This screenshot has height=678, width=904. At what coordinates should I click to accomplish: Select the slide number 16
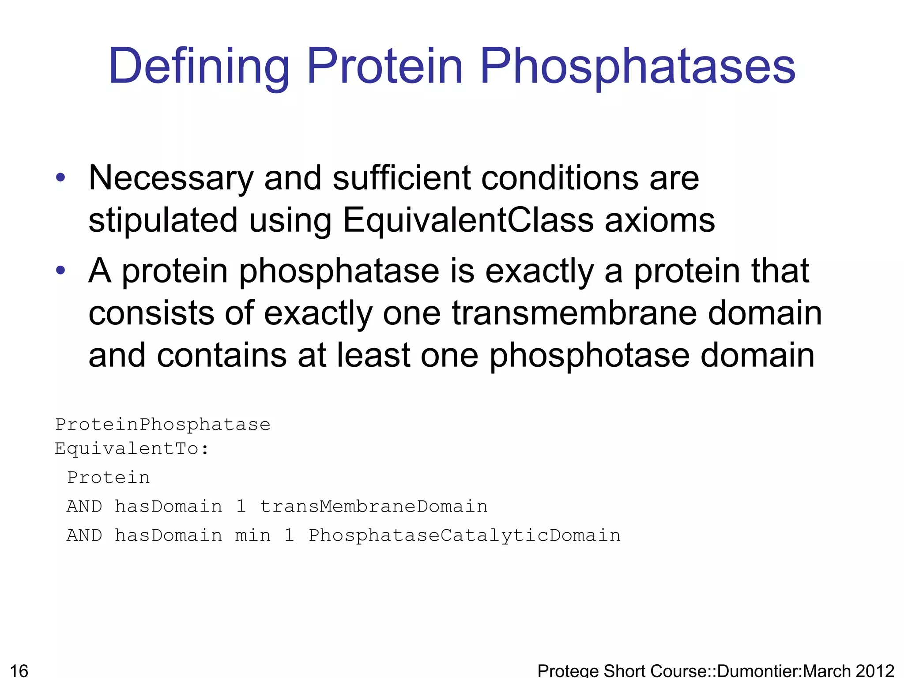point(19,670)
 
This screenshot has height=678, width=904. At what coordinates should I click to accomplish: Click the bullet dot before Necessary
point(60,178)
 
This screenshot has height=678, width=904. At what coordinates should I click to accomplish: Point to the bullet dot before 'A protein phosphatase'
point(60,270)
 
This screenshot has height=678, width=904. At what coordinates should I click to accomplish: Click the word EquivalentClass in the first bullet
point(468,220)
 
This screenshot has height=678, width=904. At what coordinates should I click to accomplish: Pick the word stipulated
point(163,220)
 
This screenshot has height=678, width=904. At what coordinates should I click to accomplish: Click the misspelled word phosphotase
point(590,355)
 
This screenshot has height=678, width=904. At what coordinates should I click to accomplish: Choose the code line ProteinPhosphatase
point(162,425)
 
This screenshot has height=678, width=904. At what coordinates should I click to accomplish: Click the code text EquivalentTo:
point(132,449)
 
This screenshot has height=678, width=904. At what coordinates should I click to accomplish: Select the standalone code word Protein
point(109,478)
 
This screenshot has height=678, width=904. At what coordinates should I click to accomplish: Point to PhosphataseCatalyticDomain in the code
point(464,535)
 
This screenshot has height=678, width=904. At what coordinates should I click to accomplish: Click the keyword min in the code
point(253,535)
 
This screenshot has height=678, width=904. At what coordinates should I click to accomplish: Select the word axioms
point(659,220)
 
